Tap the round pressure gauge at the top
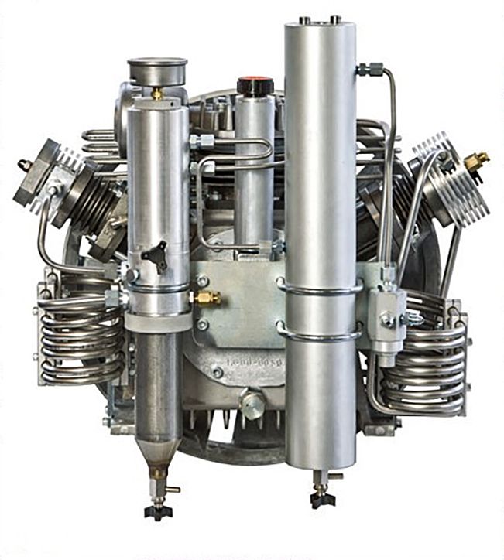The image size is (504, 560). (x=157, y=70)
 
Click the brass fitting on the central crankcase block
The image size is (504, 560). (x=206, y=298)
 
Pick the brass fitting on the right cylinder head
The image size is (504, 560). (x=475, y=161)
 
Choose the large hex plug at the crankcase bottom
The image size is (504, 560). (x=252, y=403)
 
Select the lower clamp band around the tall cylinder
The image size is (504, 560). (x=319, y=334)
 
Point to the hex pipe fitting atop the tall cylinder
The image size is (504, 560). (x=371, y=70)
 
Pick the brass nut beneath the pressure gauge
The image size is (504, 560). (x=157, y=94)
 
